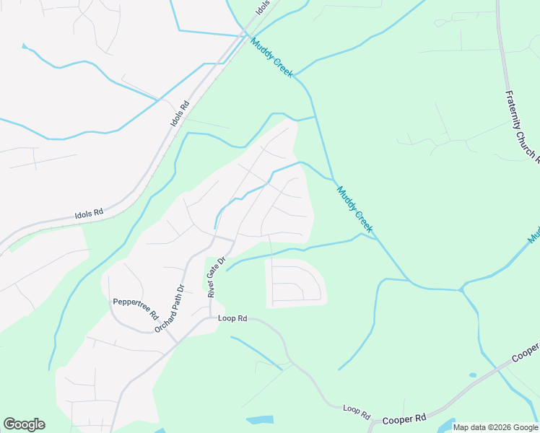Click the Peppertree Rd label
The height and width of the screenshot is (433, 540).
point(135,308)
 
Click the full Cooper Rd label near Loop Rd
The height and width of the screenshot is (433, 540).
point(404,419)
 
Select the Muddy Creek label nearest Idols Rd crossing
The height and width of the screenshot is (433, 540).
point(272,57)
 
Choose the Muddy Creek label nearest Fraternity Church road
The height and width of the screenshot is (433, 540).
point(355,209)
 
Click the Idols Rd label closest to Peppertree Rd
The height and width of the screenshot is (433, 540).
point(90,214)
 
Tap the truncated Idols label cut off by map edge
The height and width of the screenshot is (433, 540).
point(263,8)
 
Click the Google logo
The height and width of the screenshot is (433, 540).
point(24,424)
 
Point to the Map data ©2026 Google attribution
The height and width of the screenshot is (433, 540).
point(495,427)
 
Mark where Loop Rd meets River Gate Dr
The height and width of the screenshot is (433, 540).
point(215,318)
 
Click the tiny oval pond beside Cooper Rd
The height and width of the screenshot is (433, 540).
point(472,375)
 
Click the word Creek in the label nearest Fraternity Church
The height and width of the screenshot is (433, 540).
point(365,220)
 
